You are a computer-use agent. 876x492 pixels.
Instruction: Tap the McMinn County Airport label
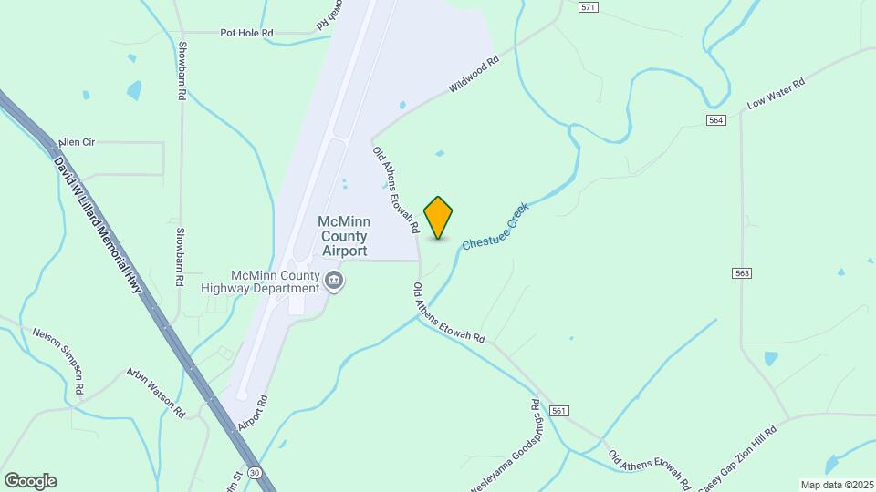click(343, 236)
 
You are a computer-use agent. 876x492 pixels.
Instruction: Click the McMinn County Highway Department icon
click(334, 281)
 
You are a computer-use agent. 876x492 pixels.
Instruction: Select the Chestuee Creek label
click(495, 227)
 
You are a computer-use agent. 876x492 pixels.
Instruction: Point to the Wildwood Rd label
click(474, 76)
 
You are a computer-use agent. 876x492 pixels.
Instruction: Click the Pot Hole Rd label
click(246, 33)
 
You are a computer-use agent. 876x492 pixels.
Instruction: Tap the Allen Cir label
click(77, 143)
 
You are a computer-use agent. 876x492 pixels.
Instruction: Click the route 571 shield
click(589, 7)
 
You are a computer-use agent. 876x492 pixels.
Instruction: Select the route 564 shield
click(715, 120)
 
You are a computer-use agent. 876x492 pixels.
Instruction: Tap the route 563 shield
click(741, 272)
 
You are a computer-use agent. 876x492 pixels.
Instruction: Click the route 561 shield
click(559, 411)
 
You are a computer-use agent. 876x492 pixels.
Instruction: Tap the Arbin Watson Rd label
click(155, 392)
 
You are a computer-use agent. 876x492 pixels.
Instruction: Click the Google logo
click(30, 481)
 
